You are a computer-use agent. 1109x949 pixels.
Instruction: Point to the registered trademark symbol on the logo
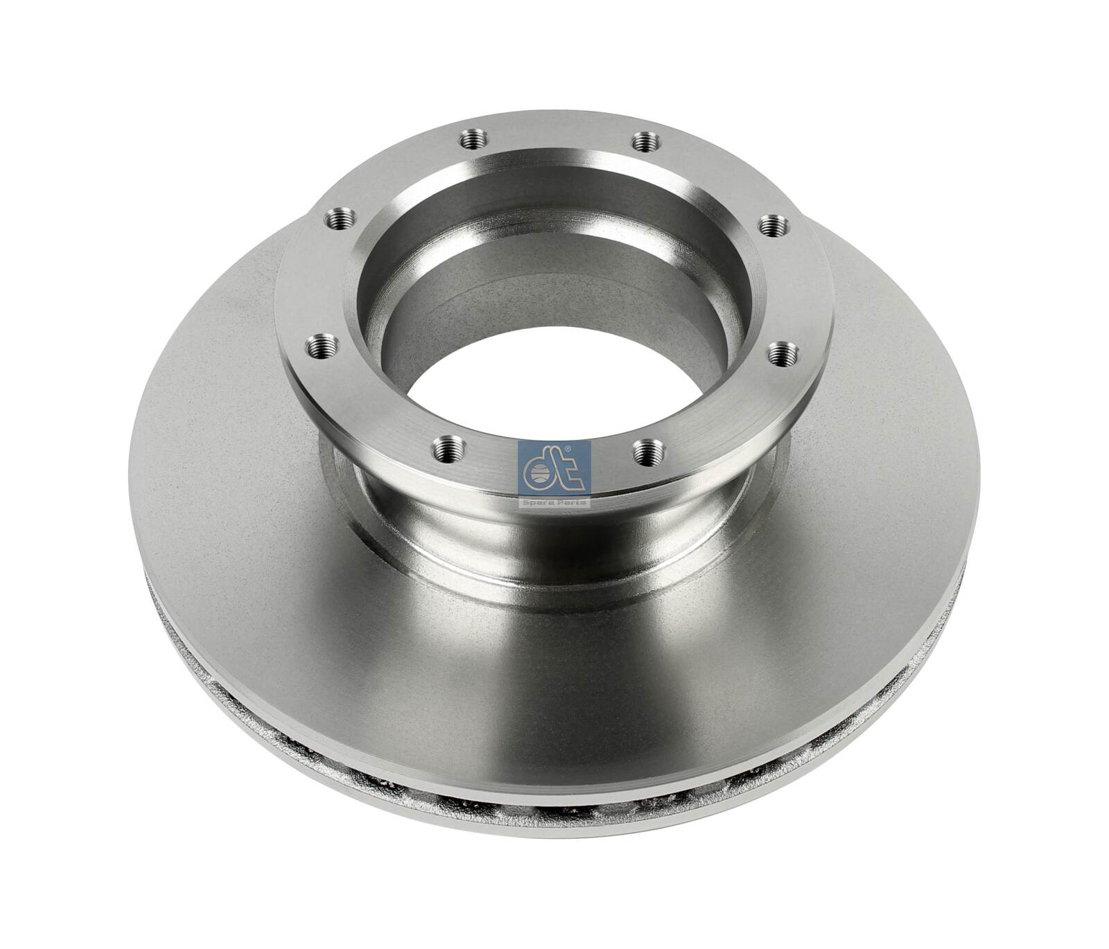coord(568,449)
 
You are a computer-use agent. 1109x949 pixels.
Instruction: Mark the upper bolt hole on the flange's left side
coord(339,220)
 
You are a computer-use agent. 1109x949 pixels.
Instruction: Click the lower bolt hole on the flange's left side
coord(321,344)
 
